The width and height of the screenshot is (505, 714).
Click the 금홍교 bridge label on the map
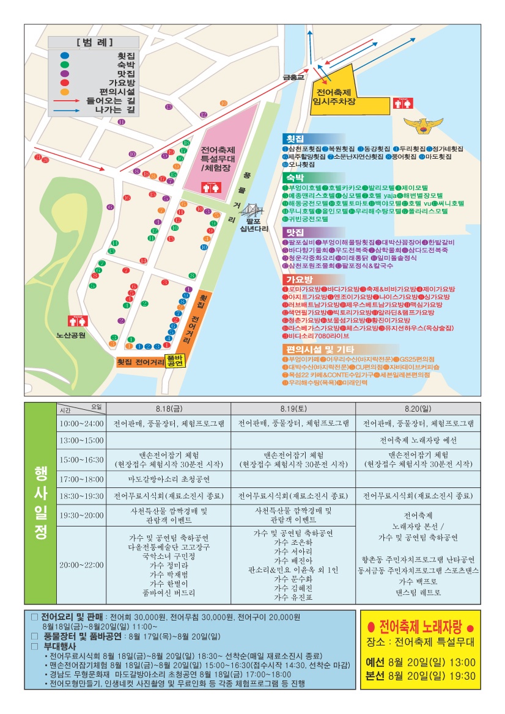tap(293, 78)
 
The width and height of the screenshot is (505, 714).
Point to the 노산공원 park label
tap(71, 335)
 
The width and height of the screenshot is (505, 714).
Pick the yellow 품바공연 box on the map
tap(175, 360)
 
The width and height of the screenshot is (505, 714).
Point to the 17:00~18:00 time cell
tap(81, 479)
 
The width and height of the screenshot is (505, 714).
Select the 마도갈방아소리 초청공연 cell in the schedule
tap(169, 479)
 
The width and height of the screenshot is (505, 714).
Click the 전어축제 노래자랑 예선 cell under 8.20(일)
tap(418, 440)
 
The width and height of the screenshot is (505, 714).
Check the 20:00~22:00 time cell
tap(81, 565)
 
